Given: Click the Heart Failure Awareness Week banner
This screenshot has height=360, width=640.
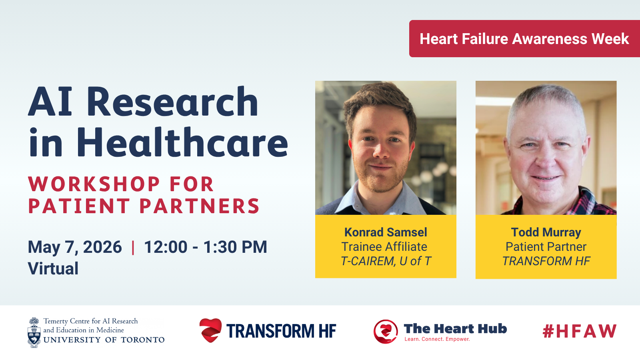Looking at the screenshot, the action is [524, 38].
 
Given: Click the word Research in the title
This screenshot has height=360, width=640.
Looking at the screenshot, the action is [172, 102].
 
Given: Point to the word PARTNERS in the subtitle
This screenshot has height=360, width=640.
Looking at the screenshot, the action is [200, 206].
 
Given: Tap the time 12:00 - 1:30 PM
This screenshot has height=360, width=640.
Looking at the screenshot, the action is [206, 247].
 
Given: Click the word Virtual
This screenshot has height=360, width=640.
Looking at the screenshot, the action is [53, 268].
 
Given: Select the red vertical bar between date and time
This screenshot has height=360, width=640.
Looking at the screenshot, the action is [133, 248].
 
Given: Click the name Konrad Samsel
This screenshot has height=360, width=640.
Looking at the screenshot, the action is [386, 232].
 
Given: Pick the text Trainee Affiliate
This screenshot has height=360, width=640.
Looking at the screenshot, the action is [384, 246].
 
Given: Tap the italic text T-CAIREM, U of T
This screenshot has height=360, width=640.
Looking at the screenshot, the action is [386, 261].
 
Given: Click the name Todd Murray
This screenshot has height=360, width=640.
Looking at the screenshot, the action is [546, 232].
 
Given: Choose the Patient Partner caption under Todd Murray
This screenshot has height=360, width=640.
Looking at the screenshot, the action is [546, 246].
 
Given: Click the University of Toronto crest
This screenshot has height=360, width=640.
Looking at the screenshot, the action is [34, 332].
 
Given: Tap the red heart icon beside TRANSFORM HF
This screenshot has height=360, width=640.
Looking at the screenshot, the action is [210, 330].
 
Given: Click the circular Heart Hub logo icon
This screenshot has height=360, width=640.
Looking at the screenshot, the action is [386, 332].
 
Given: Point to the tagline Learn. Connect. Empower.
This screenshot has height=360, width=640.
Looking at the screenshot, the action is [437, 339].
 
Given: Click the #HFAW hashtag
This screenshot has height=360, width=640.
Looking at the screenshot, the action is [580, 331].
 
